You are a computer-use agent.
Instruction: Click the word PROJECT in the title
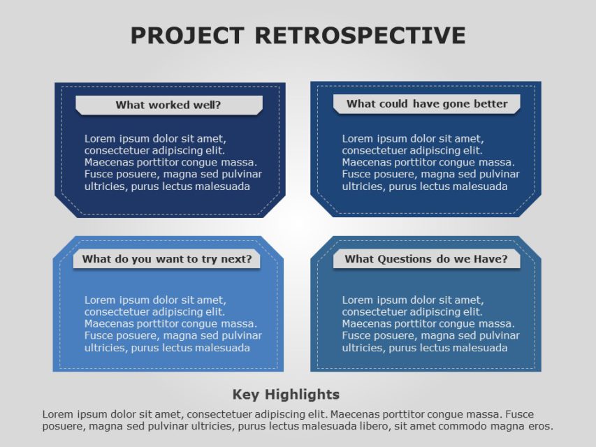(187, 36)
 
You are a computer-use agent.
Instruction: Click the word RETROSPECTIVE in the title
(360, 36)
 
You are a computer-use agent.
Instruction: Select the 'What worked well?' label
(168, 105)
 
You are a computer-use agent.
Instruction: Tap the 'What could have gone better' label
(426, 104)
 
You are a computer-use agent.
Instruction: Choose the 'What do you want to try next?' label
(167, 259)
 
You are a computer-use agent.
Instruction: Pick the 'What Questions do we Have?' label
(426, 259)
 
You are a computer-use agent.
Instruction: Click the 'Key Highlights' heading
(286, 395)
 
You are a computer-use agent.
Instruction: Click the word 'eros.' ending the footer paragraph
(540, 426)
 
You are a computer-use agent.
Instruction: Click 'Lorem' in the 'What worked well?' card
(99, 138)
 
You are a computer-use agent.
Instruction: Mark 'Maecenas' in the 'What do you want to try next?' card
(107, 324)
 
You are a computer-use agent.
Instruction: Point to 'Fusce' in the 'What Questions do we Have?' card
(356, 336)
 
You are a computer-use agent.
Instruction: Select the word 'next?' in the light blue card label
(238, 259)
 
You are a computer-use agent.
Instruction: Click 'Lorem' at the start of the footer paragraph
(57, 414)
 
